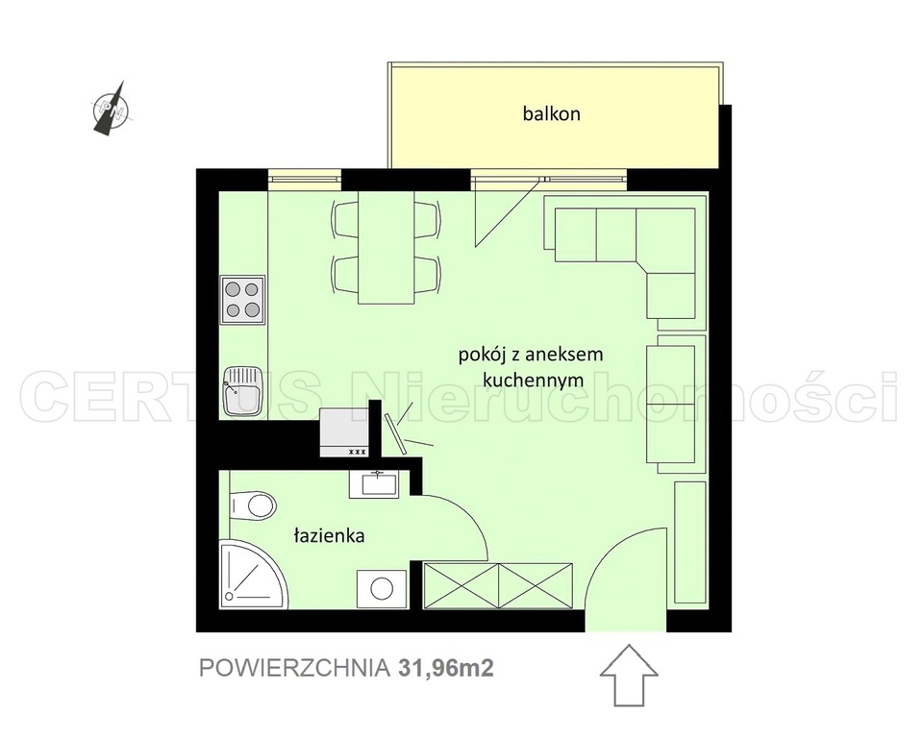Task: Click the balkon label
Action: [x=552, y=113]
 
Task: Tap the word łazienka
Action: [x=329, y=535]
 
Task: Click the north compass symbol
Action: [x=112, y=109]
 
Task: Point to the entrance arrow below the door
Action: [x=629, y=675]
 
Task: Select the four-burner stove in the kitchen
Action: [x=242, y=300]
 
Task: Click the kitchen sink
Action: [x=242, y=390]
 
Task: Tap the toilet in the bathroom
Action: [x=253, y=504]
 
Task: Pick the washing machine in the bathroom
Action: [x=382, y=588]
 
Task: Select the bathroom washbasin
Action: [x=374, y=483]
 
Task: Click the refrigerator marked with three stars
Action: [x=344, y=432]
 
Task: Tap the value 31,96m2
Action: [x=445, y=668]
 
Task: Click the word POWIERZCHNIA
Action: [x=294, y=668]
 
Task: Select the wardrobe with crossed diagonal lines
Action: [x=498, y=585]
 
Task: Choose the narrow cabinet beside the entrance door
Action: [x=690, y=541]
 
